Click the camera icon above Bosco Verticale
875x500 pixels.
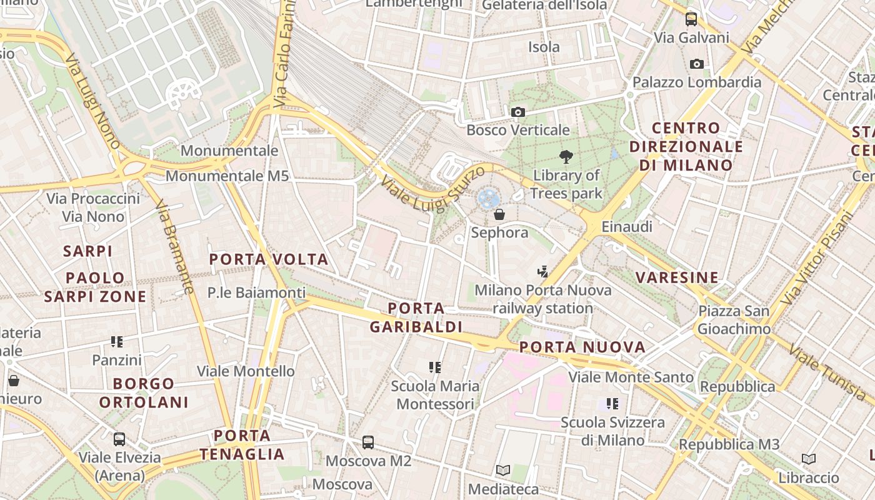(518, 112)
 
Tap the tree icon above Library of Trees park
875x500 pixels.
(566, 157)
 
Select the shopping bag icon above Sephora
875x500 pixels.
(499, 215)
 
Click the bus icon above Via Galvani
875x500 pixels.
(691, 19)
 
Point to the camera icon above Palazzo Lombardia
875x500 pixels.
(697, 64)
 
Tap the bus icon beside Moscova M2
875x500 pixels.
(368, 442)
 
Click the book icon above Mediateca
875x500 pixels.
(503, 470)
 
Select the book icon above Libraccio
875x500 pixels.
(809, 459)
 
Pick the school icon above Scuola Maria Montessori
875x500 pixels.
(435, 367)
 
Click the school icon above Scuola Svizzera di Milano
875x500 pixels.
(612, 404)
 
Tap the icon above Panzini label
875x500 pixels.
(117, 342)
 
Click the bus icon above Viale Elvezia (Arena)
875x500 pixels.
(119, 439)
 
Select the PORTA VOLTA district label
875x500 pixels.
(269, 259)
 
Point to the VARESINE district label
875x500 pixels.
(677, 277)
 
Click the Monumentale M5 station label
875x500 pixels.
(227, 176)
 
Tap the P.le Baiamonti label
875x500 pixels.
(257, 292)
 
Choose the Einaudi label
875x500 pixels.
(627, 227)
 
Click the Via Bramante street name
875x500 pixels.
(174, 247)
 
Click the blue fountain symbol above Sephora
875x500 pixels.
(488, 199)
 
